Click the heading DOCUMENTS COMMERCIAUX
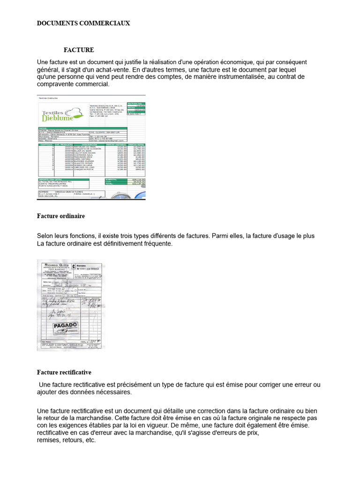[83, 23]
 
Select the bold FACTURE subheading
[79, 50]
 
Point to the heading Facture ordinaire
[61, 216]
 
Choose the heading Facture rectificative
[64, 372]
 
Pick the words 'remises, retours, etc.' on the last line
[66, 440]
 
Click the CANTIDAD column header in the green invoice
[46, 144]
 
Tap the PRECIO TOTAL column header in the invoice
[135, 144]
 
